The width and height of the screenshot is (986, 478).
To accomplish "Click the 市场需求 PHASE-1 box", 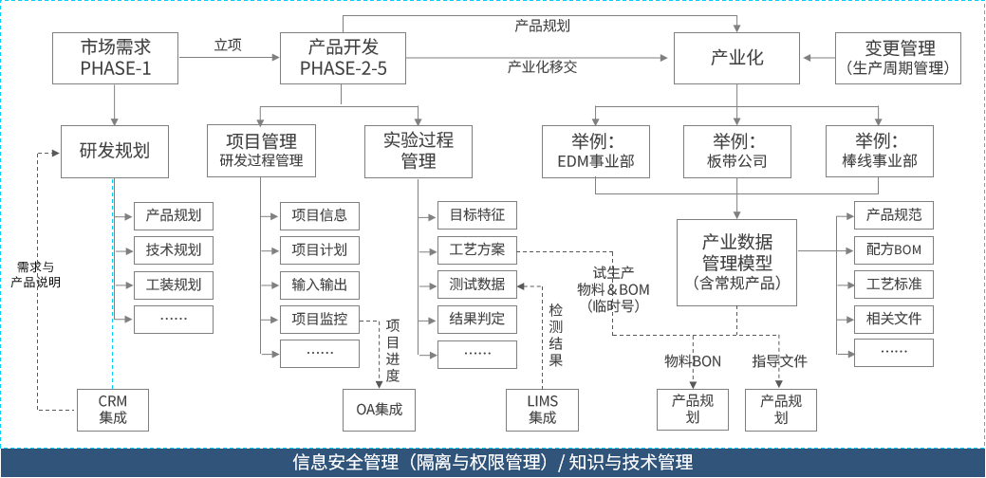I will pos(115,58).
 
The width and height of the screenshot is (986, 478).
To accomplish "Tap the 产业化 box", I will pos(736,58).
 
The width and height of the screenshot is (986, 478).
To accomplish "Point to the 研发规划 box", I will pos(115,151).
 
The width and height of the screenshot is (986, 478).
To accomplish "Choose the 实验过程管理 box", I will pos(419,151).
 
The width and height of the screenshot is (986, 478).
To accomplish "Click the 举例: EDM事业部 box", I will pos(595,151).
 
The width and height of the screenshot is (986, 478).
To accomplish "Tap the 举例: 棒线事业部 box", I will pos(878,151).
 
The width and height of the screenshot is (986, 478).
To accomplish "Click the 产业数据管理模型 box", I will pos(737,261).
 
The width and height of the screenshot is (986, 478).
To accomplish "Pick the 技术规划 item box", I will pos(174,250).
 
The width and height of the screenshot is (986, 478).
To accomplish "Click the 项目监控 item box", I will pos(320,320).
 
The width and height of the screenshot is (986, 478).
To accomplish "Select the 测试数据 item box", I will pos(477,285).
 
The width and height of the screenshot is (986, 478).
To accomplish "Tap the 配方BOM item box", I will pos(894,250).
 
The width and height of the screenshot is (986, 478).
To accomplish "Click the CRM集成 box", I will pos(113,410).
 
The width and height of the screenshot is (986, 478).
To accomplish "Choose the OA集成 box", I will pos(379,410).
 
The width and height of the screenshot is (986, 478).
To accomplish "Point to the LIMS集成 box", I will pos(543,410).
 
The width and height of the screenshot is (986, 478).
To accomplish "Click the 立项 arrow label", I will pos(228,45).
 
